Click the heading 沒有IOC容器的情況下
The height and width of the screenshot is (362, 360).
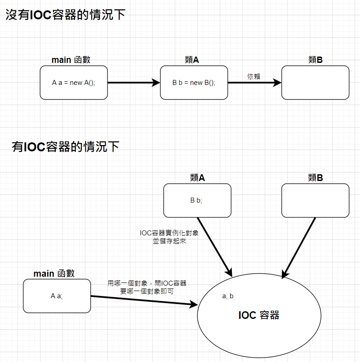(x=65, y=15)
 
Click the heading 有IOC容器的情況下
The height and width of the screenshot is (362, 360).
(x=66, y=146)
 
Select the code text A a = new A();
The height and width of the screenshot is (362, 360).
(x=74, y=83)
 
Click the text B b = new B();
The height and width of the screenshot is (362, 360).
(x=194, y=83)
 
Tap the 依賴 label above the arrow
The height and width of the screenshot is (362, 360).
(x=253, y=76)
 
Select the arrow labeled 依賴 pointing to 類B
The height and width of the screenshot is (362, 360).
(x=254, y=83)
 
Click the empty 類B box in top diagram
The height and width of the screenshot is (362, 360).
(x=315, y=83)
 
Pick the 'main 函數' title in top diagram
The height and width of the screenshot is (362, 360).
(x=74, y=60)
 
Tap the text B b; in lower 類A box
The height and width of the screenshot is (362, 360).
(x=196, y=200)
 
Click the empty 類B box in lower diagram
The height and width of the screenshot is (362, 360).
(x=315, y=200)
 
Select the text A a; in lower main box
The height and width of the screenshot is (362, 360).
(x=57, y=296)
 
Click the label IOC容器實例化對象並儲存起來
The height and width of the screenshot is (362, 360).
(x=169, y=237)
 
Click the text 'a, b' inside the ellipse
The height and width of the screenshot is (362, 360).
(x=228, y=296)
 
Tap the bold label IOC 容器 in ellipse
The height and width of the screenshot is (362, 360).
(x=259, y=315)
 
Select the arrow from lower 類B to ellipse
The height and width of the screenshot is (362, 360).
(x=299, y=247)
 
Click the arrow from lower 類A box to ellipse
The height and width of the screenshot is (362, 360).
(x=214, y=246)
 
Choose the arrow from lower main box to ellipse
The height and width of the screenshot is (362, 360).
(x=144, y=300)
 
